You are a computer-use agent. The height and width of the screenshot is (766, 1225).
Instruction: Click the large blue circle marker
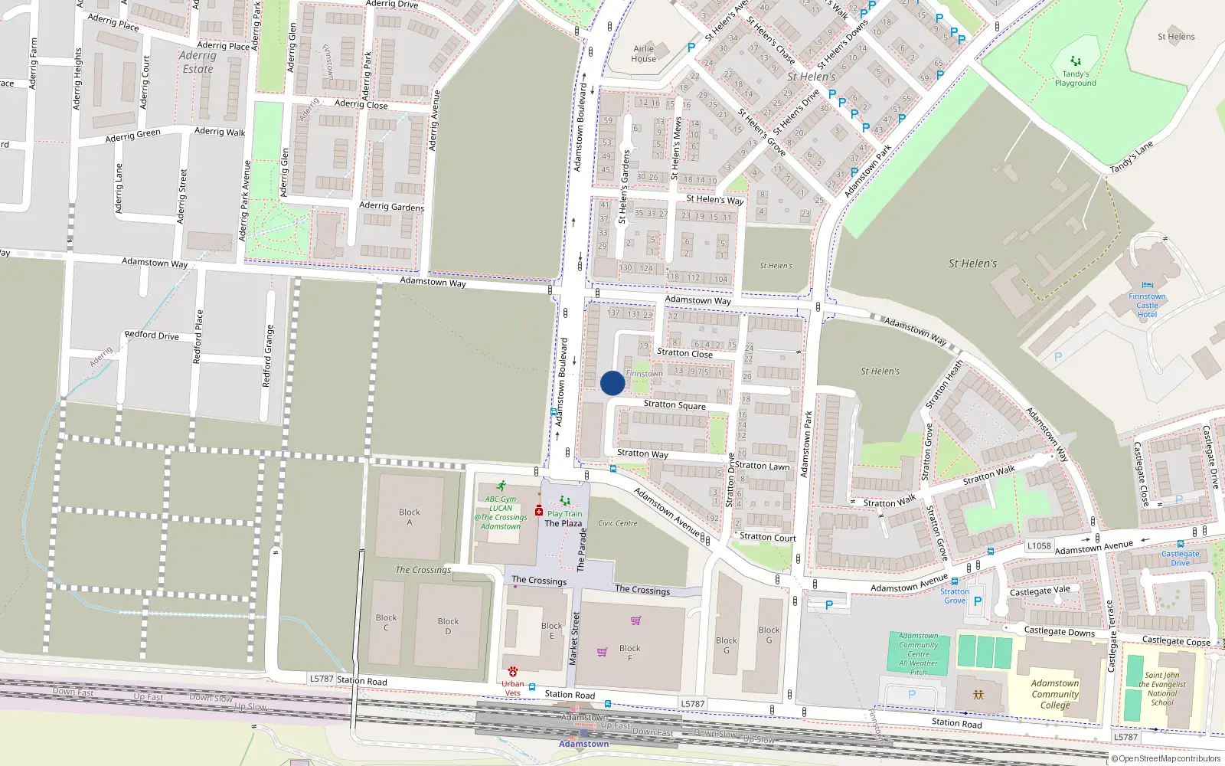pos(612,383)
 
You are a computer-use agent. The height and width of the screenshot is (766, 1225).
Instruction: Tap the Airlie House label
pos(643,54)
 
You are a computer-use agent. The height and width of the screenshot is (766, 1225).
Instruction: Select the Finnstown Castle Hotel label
pos(1147,305)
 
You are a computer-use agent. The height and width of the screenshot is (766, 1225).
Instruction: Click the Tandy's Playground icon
pos(1076,61)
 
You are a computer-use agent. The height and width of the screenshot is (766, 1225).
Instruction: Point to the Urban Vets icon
pos(512,672)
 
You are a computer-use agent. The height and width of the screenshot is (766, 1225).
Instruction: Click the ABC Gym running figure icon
pos(501,486)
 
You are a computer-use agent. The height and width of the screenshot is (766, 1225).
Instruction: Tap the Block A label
pos(410,517)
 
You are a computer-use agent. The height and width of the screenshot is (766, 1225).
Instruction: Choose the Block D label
pos(448,626)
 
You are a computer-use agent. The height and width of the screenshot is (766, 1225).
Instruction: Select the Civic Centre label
pos(617,523)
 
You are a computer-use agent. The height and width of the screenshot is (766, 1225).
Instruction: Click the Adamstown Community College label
pos(1054,694)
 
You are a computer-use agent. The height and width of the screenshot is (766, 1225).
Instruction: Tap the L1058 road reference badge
pos(1039,545)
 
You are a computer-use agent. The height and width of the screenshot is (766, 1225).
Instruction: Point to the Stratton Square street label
pos(675,404)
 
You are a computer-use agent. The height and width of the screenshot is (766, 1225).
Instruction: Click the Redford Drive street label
pos(152,335)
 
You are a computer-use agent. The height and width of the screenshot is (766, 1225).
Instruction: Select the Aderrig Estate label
pos(198,62)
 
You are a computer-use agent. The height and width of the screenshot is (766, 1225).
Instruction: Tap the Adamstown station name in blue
pos(583,744)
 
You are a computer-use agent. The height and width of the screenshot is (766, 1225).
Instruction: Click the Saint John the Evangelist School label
pos(1161,689)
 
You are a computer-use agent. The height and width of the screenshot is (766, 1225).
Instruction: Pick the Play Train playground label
pos(564,514)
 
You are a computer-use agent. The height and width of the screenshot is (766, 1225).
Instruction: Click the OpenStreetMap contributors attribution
pos(1165,758)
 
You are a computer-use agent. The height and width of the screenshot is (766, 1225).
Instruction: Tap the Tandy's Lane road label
pos(1131,157)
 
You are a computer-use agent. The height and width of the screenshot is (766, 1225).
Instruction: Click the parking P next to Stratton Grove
pos(978,601)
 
